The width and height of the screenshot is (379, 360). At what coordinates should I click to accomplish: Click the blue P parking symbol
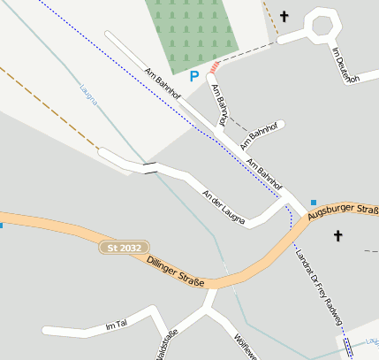(x=194, y=78)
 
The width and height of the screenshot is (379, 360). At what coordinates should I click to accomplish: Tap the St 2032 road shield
(x=124, y=249)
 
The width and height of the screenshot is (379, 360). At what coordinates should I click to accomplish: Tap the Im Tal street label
(x=117, y=326)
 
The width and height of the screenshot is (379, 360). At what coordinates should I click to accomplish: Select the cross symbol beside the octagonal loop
(x=284, y=16)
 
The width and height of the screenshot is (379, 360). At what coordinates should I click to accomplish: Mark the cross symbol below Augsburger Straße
(x=337, y=235)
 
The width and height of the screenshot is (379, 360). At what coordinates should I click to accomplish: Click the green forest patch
(x=191, y=32)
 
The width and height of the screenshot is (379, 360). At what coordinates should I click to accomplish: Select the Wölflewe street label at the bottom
(x=245, y=346)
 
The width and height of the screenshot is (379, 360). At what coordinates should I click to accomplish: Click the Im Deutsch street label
(x=345, y=65)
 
